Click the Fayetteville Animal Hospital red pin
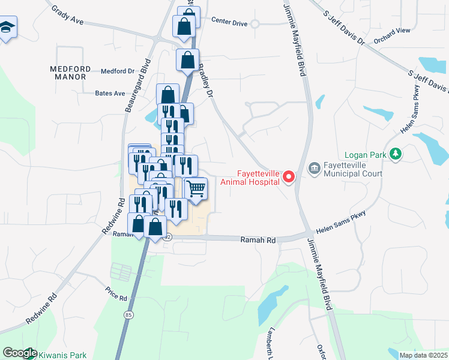[x=289, y=176]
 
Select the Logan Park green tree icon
[x=395, y=155]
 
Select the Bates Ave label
[x=110, y=94]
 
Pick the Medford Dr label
[x=117, y=71]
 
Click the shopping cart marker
[x=195, y=188]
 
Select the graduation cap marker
[x=7, y=27]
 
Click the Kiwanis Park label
[x=62, y=355]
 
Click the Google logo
[x=19, y=353]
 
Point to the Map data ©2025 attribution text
[x=423, y=355]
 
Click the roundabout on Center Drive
[x=255, y=24]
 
